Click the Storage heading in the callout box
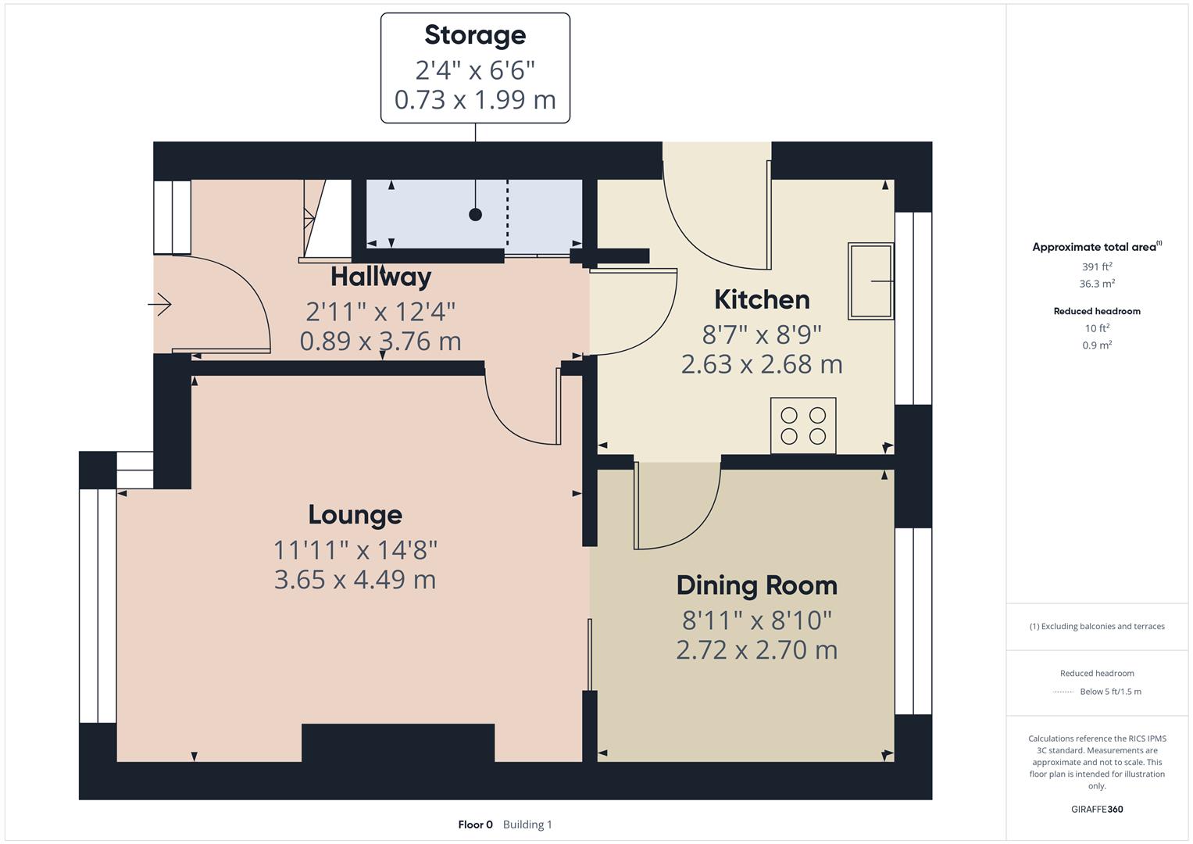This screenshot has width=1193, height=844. point(475,36)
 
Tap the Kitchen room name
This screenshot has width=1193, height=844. point(762,299)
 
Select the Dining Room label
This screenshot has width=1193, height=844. point(757,585)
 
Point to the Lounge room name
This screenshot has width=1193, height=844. point(355,515)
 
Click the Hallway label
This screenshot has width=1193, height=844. point(380,277)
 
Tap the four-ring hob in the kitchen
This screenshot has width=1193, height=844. point(803,426)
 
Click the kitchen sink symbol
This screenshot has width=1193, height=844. point(871,281)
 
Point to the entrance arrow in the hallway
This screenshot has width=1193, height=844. point(159,305)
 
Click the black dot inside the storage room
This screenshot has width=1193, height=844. point(476,215)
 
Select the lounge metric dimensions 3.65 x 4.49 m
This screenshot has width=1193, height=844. point(355,580)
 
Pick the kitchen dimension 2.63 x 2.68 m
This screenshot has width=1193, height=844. point(762,364)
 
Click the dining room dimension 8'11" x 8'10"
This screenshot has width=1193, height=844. point(757,620)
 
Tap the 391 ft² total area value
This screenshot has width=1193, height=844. point(1097,266)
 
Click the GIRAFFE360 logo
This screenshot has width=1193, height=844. point(1097,809)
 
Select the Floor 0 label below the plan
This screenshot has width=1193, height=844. point(475,824)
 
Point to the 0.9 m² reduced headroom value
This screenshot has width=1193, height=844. point(1097,345)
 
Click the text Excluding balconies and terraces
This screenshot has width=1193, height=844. point(1102,626)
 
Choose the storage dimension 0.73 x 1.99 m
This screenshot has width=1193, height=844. point(475,100)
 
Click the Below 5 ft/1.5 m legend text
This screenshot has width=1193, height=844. point(1110,692)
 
